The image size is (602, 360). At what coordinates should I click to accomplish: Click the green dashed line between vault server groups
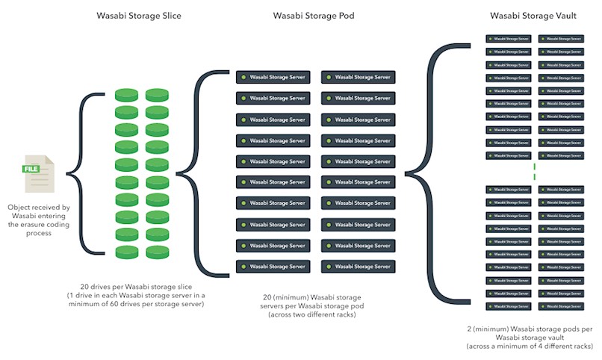[x=535, y=170]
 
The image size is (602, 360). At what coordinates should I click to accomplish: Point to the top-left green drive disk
[x=126, y=96]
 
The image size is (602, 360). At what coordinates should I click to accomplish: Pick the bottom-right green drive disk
[x=157, y=252]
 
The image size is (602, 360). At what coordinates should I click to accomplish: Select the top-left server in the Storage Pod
[x=273, y=77]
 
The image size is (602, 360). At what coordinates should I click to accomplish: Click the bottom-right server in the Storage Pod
[x=358, y=266]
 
